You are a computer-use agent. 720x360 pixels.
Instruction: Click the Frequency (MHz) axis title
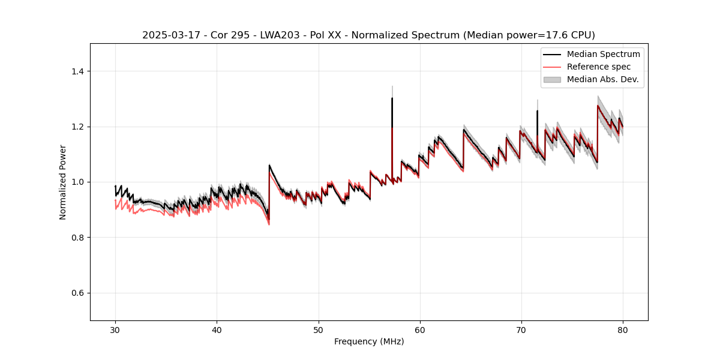(x=369, y=341)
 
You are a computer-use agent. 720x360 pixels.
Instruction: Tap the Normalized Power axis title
(x=63, y=182)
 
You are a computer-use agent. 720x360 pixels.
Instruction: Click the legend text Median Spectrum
(x=603, y=54)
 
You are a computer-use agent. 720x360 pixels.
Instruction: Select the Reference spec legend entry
(x=599, y=67)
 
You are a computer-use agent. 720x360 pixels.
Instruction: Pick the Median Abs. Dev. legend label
(x=603, y=79)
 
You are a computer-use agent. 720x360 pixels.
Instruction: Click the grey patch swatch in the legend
(x=552, y=79)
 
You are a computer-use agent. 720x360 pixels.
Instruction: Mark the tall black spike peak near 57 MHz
(x=392, y=98)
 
